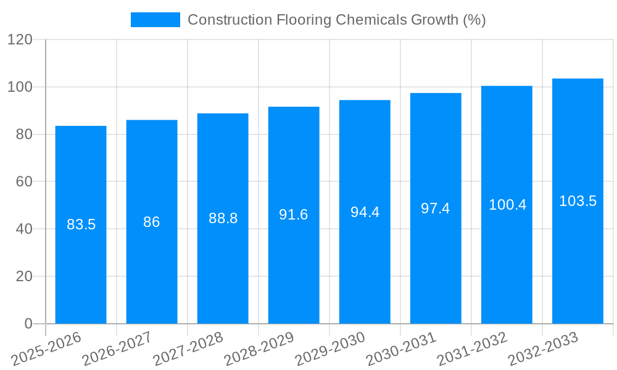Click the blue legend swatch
tap(155, 20)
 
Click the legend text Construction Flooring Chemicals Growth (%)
tap(336, 20)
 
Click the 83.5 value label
tap(81, 224)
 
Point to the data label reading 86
tap(152, 222)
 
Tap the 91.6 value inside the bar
tap(294, 215)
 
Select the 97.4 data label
tap(436, 208)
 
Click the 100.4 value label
tap(507, 205)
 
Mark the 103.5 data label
tap(578, 201)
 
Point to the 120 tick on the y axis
tap(20, 39)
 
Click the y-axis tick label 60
tap(24, 181)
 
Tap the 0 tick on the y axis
tap(28, 324)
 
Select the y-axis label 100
tap(20, 87)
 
